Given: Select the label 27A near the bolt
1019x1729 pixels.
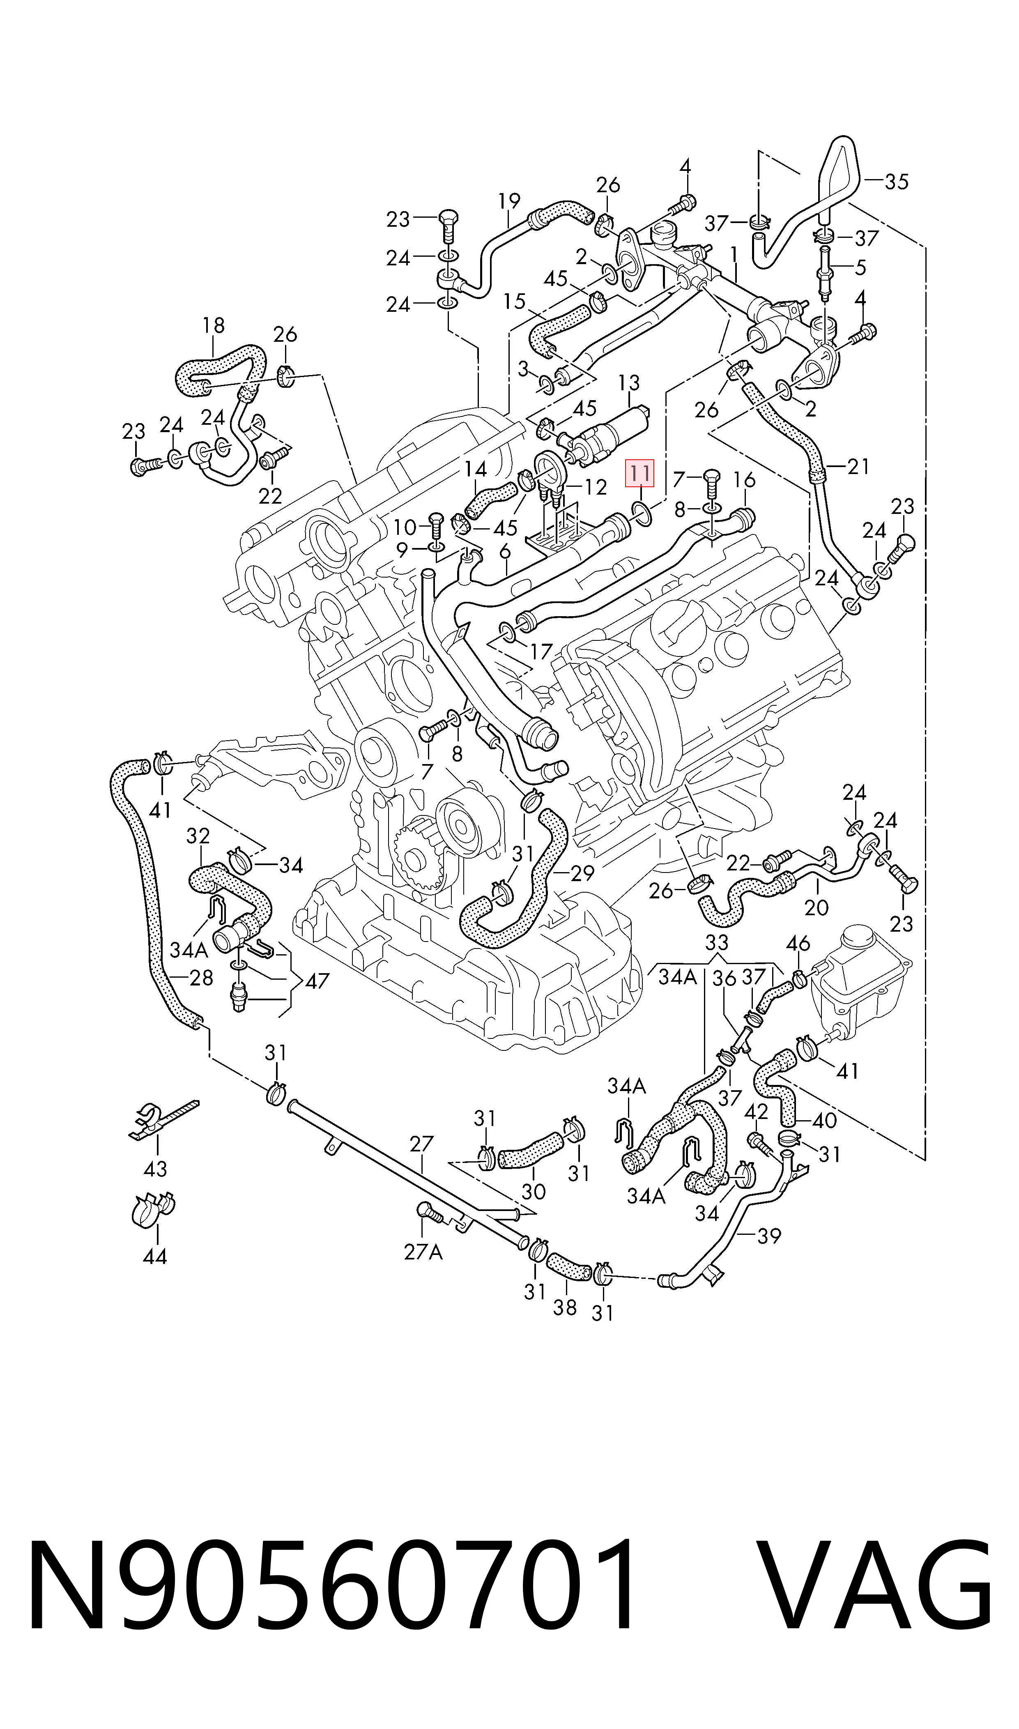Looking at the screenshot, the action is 423,1252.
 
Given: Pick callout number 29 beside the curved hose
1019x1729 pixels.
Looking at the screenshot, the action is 582,873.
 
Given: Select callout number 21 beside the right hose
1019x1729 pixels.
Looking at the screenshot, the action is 858,467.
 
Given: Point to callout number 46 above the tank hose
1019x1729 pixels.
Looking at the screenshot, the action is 798,944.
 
